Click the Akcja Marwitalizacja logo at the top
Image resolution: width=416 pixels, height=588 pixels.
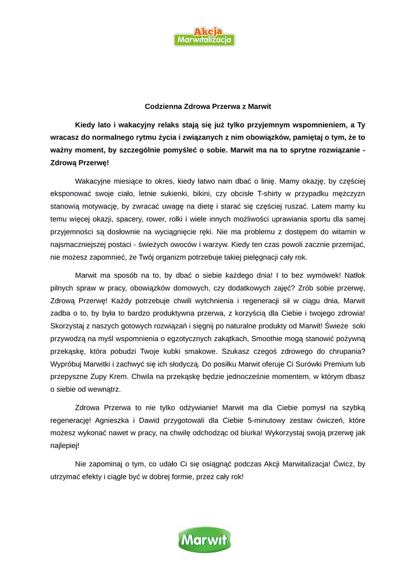[205, 36]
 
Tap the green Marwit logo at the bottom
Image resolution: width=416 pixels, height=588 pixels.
[205, 539]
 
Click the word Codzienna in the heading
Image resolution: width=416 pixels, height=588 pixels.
[163, 106]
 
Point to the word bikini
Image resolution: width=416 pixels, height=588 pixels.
[224, 194]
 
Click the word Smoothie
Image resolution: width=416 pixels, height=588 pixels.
[271, 339]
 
